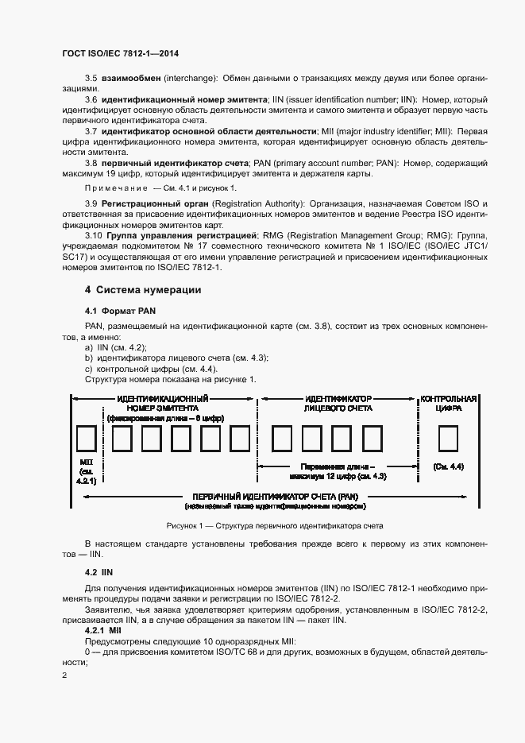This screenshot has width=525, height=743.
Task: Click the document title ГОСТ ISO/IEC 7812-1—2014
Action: (x=119, y=52)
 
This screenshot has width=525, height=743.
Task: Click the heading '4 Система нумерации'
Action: (x=143, y=290)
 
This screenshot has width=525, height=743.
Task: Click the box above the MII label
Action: (x=86, y=439)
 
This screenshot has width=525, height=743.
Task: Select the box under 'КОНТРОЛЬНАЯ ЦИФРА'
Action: (x=449, y=439)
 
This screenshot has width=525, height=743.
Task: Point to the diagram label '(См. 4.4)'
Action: (x=449, y=466)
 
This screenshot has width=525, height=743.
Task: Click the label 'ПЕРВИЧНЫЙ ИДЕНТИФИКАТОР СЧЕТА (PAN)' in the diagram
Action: (x=275, y=495)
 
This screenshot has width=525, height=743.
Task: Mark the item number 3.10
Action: (x=93, y=236)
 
